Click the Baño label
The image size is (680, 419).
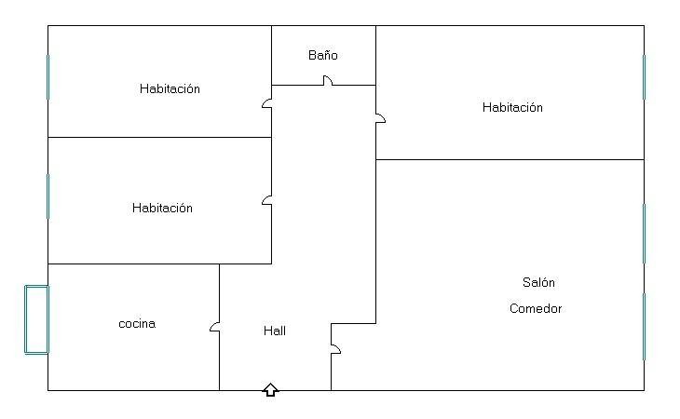pyautogui.click(x=323, y=56)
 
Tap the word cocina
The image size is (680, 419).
pyautogui.click(x=137, y=324)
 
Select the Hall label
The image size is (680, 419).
pyautogui.click(x=275, y=331)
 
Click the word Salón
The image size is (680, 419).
pyautogui.click(x=538, y=283)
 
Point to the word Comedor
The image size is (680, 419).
pyautogui.click(x=536, y=309)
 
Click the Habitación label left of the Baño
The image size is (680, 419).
pyautogui.click(x=170, y=89)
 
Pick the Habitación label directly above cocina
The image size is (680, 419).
pyautogui.click(x=162, y=209)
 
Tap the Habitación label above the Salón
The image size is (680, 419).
pyautogui.click(x=512, y=108)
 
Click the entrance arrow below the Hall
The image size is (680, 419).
pyautogui.click(x=270, y=389)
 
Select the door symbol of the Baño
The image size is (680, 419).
pyautogui.click(x=328, y=82)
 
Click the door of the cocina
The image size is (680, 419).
pyautogui.click(x=215, y=327)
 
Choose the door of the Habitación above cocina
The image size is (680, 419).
pyautogui.click(x=267, y=199)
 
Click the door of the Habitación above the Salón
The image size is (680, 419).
pyautogui.click(x=380, y=118)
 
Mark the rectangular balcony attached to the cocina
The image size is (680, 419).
pyautogui.click(x=36, y=319)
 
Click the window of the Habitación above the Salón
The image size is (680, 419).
pyautogui.click(x=644, y=76)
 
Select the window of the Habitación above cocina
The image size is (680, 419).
pyautogui.click(x=48, y=196)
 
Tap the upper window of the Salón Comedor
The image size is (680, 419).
pyautogui.click(x=644, y=233)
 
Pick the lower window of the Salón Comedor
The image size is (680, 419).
pyautogui.click(x=644, y=326)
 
